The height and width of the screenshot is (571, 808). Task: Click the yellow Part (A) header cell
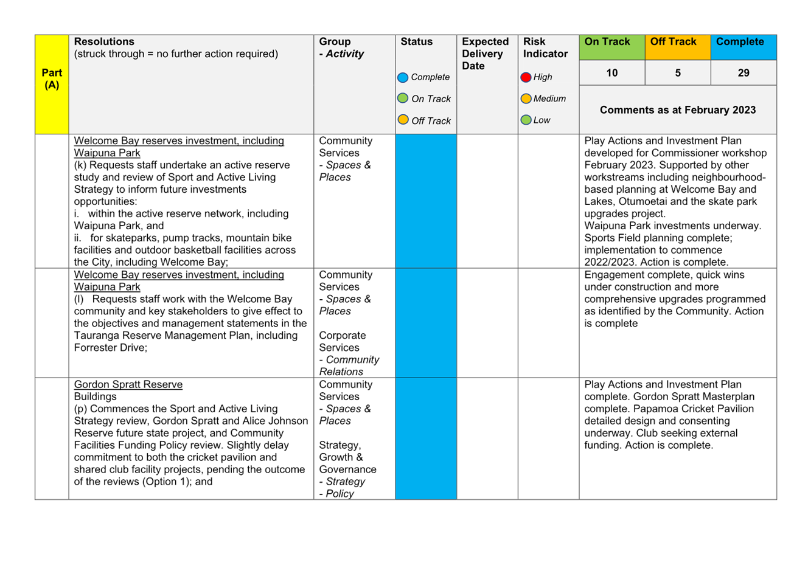click(52, 85)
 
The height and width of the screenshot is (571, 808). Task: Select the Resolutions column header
click(104, 41)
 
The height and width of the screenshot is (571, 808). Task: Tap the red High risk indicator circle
click(526, 77)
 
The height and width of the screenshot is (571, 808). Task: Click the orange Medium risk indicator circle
click(526, 99)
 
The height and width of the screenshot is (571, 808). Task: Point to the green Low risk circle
click(526, 120)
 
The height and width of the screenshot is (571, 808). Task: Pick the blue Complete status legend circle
click(403, 77)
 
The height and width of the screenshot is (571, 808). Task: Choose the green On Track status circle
click(403, 98)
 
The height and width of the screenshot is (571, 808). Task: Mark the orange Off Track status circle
click(403, 119)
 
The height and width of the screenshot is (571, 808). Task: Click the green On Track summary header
click(611, 47)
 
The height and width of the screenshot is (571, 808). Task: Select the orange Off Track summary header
click(678, 47)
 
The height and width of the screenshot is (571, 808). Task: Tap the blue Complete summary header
click(744, 47)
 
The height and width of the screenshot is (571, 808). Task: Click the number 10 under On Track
click(611, 73)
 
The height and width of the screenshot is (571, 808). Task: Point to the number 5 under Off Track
click(678, 73)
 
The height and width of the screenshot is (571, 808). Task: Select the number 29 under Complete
click(744, 73)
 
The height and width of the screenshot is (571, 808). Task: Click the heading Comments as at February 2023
click(677, 110)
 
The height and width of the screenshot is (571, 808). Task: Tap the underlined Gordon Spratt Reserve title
click(128, 384)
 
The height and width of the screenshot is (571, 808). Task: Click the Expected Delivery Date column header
click(485, 54)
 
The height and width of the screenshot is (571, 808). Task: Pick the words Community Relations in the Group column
click(349, 365)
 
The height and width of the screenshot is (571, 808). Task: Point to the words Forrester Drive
click(110, 347)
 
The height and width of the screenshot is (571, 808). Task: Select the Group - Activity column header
click(341, 47)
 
